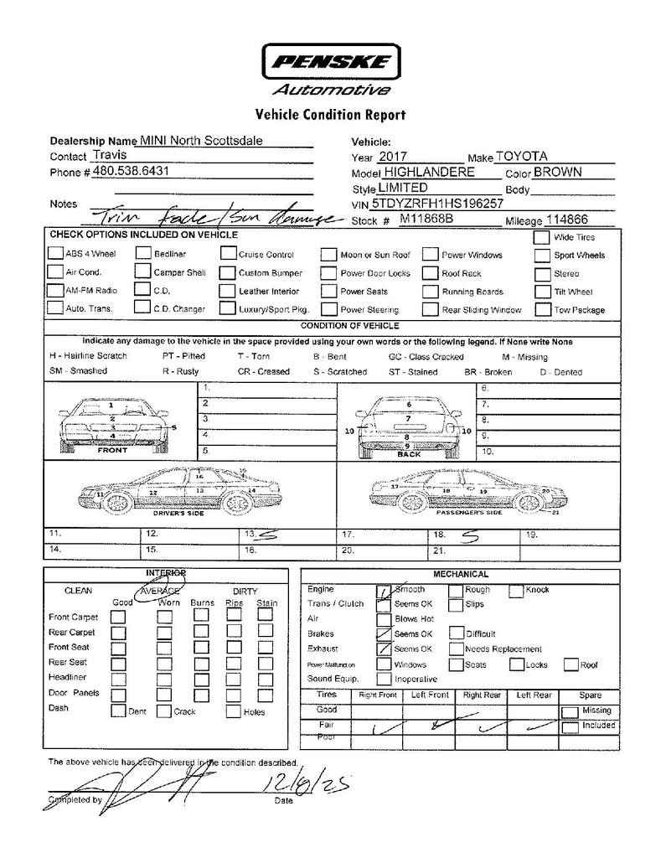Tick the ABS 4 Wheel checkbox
point(54,253)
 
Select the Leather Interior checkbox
point(228,291)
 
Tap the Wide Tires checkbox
point(541,237)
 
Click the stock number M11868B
point(426,220)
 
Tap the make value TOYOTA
point(521,157)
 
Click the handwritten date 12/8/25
point(304,784)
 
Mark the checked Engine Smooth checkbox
point(384,591)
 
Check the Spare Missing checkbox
point(570,711)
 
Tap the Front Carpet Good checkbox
point(119,617)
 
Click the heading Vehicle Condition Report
point(332,115)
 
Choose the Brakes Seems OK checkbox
point(384,634)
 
